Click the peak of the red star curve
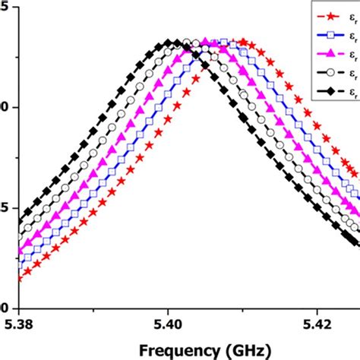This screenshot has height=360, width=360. [242, 43]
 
